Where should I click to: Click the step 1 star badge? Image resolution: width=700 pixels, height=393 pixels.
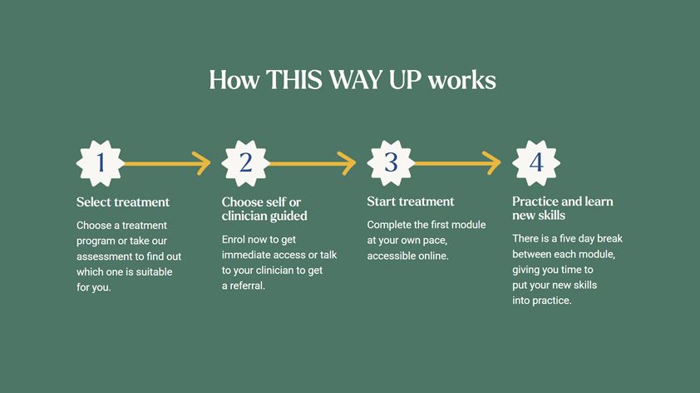(101, 163)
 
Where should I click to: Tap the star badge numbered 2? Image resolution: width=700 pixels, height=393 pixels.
(245, 163)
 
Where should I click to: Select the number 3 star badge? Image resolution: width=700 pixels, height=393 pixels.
(391, 163)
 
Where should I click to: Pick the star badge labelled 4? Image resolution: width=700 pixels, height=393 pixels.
(536, 163)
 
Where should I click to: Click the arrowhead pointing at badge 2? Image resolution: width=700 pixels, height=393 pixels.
(202, 163)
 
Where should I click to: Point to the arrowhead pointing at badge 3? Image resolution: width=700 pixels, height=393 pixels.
(347, 163)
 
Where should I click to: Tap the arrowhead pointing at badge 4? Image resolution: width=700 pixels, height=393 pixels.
(492, 163)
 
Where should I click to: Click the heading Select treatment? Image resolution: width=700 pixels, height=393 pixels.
(123, 202)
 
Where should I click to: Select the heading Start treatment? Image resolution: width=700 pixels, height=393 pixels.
(410, 201)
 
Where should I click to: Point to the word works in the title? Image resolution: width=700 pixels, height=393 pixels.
(462, 80)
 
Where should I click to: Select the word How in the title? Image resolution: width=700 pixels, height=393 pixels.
(234, 80)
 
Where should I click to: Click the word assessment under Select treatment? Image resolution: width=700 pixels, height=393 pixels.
(105, 256)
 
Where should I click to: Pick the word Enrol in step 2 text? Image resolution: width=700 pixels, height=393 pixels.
(234, 240)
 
